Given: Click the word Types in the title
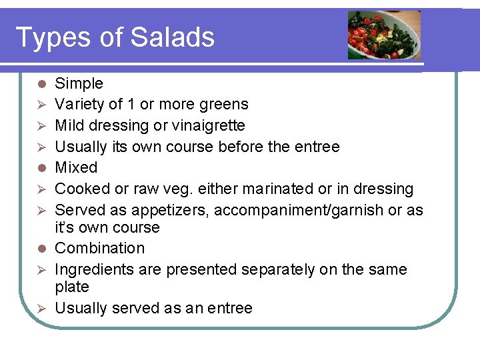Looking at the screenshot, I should (x=52, y=38).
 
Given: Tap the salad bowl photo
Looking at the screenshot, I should (x=384, y=35).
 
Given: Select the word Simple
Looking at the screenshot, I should (x=79, y=83).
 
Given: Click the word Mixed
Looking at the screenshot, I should (x=76, y=167).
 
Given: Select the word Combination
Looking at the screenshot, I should (x=99, y=248).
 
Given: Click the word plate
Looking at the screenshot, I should (x=71, y=287).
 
